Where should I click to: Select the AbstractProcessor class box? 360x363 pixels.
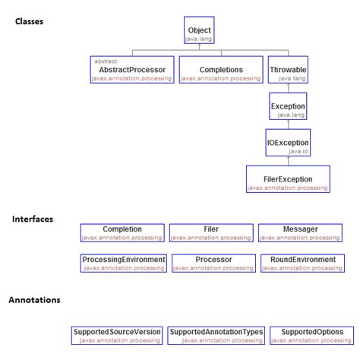point(132,70)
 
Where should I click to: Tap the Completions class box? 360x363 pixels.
point(221,70)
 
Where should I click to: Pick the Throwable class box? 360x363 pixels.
point(288,70)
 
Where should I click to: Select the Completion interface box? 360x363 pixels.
point(122,232)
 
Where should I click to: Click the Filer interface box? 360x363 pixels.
point(211,232)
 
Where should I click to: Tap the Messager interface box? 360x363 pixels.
point(300,232)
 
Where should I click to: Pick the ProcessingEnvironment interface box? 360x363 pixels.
point(123,263)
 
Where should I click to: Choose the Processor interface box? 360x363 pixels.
point(213,263)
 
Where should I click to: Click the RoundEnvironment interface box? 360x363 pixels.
point(302,263)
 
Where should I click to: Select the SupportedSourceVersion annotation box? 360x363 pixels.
point(117,336)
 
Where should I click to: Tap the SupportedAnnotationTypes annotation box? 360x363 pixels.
point(216,336)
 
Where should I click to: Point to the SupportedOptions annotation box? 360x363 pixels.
point(311,336)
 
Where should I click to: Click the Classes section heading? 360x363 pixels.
point(29,21)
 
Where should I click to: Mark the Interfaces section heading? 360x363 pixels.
point(33,219)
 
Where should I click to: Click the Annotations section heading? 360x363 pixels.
point(34,300)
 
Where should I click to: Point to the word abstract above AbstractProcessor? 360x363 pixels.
point(106,61)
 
